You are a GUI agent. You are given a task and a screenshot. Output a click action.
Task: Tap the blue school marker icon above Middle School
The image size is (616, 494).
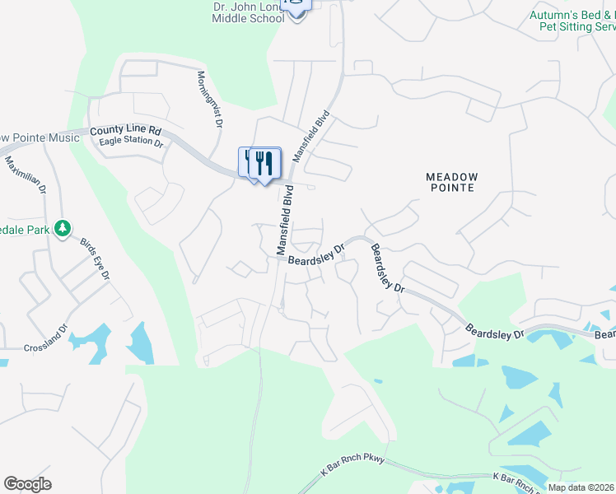coord(296,7)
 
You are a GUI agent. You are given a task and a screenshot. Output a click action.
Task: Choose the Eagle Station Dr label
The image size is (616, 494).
coord(131,142)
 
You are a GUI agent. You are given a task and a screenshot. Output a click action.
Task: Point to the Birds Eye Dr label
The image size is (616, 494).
coord(95,260)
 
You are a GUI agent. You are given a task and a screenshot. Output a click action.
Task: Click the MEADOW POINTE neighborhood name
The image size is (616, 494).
coord(451,182)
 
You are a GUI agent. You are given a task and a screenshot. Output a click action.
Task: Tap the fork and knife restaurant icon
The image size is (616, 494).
coord(264,162)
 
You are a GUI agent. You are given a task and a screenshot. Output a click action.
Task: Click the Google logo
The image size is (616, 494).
coord(27,484)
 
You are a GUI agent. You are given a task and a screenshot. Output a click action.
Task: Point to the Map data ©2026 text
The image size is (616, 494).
coord(581,487)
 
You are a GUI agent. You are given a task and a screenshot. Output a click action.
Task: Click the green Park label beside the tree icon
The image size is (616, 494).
coord(27,229)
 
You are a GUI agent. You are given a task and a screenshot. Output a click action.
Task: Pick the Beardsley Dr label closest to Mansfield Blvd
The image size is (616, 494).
coord(316,254)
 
